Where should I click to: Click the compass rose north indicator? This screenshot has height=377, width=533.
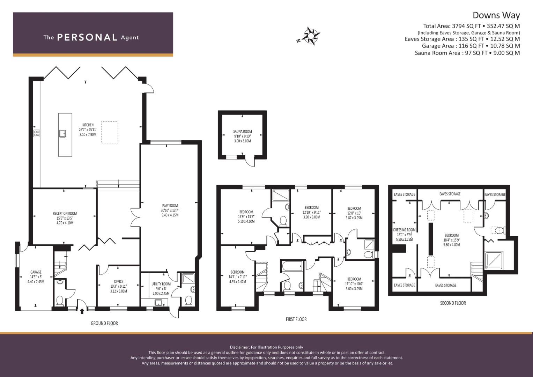pos(311,36)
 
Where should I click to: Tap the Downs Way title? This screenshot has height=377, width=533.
pos(496,15)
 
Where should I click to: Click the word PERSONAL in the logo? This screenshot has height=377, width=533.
pos(87,37)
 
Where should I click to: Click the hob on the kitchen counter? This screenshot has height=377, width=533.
pos(37,133)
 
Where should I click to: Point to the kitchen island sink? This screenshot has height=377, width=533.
pos(62,133)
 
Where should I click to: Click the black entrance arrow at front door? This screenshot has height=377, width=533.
pos(82,311)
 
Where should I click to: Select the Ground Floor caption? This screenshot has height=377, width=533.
pos(104,323)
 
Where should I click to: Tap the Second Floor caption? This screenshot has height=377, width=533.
pos(453,303)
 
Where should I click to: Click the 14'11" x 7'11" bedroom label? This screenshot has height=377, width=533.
pos(237,277)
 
